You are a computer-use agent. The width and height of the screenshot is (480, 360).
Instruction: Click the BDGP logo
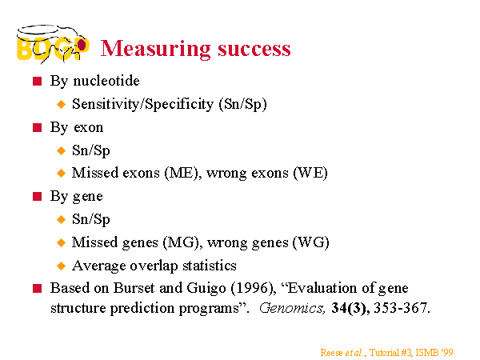pos(53,44)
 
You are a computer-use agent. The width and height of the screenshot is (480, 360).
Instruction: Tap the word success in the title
pos(254,49)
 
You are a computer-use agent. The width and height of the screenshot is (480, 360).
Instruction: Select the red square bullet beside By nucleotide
pos(37,81)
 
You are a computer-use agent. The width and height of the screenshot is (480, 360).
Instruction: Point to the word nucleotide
pos(106,81)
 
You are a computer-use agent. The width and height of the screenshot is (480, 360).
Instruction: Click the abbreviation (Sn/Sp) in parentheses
pos(242,104)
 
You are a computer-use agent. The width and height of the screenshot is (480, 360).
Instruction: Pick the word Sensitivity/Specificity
pos(142,104)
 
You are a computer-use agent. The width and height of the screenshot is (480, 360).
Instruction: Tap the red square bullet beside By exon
pos(37,127)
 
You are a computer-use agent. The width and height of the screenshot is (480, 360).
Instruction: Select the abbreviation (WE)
pos(310,173)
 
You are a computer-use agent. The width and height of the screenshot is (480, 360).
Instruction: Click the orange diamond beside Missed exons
pos(62,174)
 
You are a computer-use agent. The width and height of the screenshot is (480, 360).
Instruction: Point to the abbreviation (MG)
pos(182,242)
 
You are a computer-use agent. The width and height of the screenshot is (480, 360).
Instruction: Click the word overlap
pos(154,266)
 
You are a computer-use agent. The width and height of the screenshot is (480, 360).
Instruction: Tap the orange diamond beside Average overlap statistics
pos(62,266)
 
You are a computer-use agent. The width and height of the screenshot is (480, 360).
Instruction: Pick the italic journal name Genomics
pos(292,308)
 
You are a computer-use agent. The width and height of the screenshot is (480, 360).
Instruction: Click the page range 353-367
pos(402,308)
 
